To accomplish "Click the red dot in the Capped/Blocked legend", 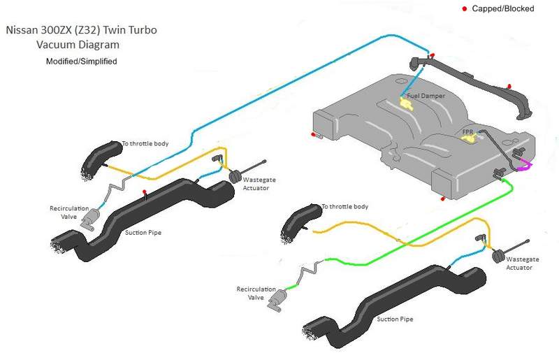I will [x=464, y=8].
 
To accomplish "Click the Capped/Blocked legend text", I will [x=503, y=8].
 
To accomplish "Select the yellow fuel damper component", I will [x=406, y=103].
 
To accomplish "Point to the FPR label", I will [x=468, y=131].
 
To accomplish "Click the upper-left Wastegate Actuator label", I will [x=259, y=184].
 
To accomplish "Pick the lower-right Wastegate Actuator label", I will [x=523, y=263].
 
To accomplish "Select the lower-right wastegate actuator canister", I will [x=499, y=255].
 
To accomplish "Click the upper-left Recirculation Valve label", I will [x=68, y=213].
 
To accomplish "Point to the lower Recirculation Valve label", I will [x=254, y=293].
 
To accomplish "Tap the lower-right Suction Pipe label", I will [x=395, y=319].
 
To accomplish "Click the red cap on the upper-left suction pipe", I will [x=145, y=192].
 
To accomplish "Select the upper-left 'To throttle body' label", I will [x=145, y=143].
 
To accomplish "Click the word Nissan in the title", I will [x=24, y=31].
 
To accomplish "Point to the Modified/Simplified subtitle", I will [x=81, y=62].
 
